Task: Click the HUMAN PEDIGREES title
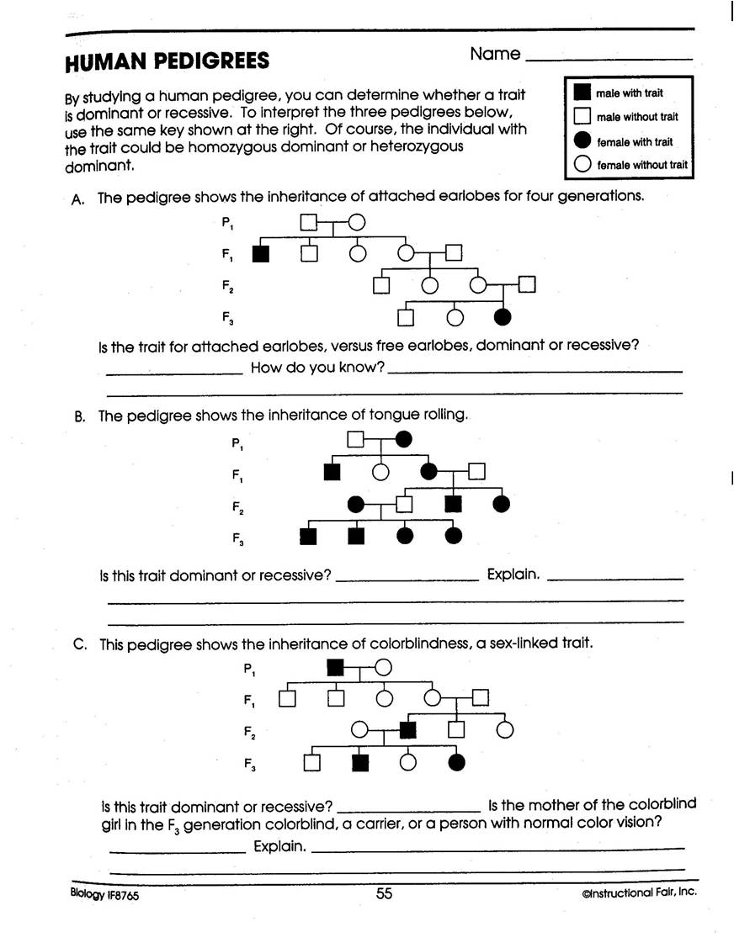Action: [167, 61]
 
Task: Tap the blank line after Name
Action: [608, 58]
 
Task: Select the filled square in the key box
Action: [581, 93]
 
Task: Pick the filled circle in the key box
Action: [581, 141]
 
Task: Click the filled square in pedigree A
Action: [261, 252]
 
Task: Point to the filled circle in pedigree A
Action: [503, 317]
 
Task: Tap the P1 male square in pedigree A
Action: [310, 223]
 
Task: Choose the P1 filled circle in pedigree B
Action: [405, 438]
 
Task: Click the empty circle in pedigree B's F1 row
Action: [380, 472]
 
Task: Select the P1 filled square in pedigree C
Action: [335, 668]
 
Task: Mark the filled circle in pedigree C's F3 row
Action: [457, 763]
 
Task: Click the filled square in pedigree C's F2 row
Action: [409, 729]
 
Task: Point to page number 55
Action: [384, 894]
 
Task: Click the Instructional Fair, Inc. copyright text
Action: [638, 893]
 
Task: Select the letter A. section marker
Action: [79, 199]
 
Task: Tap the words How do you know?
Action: [317, 368]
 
